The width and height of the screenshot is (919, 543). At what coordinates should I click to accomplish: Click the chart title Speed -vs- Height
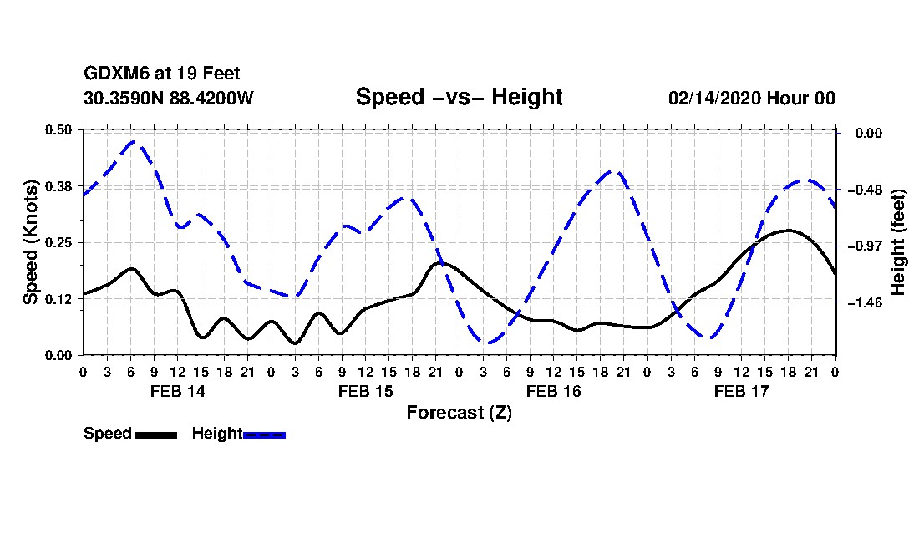pos(459,97)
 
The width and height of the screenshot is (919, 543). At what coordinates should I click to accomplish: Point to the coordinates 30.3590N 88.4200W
pos(169,98)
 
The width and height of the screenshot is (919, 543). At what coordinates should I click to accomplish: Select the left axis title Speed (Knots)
pos(31,242)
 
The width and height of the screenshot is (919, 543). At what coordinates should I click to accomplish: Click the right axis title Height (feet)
pos(899,242)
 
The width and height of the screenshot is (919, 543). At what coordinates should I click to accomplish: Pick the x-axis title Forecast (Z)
pos(459,412)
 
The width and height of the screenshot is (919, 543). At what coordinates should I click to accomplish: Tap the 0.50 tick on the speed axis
pos(59,129)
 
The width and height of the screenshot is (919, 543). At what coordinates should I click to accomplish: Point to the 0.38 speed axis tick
pos(59,186)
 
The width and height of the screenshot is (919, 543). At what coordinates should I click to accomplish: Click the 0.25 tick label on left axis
pos(59,242)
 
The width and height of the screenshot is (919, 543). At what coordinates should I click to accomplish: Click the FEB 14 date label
pos(177,391)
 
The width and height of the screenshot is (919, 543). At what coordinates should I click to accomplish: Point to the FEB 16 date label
pos(553,391)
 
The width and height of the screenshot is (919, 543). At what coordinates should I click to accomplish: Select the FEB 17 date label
pos(741,391)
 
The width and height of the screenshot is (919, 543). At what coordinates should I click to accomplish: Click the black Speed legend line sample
pos(155,434)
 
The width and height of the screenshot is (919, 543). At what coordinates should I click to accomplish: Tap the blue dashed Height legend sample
pos(264,434)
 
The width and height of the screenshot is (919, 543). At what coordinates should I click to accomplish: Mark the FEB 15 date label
pos(365,391)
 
